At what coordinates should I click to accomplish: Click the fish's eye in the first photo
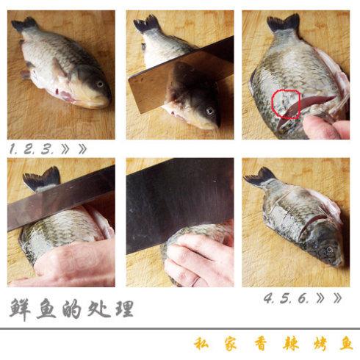pyautogui.click(x=100, y=84)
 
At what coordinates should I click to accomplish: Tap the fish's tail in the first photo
pyautogui.click(x=24, y=24)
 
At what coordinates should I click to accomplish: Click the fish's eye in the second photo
pyautogui.click(x=210, y=111)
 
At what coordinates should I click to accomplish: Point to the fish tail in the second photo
pyautogui.click(x=147, y=24)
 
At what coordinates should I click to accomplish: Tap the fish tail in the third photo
pyautogui.click(x=284, y=24)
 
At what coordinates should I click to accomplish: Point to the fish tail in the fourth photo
pyautogui.click(x=42, y=179)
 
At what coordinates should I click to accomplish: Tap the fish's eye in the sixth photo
pyautogui.click(x=329, y=250)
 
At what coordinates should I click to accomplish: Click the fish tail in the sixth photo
pyautogui.click(x=259, y=178)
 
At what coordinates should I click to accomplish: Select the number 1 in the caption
pyautogui.click(x=12, y=149)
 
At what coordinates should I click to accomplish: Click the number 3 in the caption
pyautogui.click(x=46, y=149)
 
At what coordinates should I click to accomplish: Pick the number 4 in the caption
pyautogui.click(x=269, y=298)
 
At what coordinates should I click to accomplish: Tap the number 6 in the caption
pyautogui.click(x=303, y=298)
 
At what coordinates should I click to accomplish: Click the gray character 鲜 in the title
pyautogui.click(x=20, y=309)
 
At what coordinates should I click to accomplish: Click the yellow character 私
pyautogui.click(x=201, y=343)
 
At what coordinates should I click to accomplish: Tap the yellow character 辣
pyautogui.click(x=291, y=344)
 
